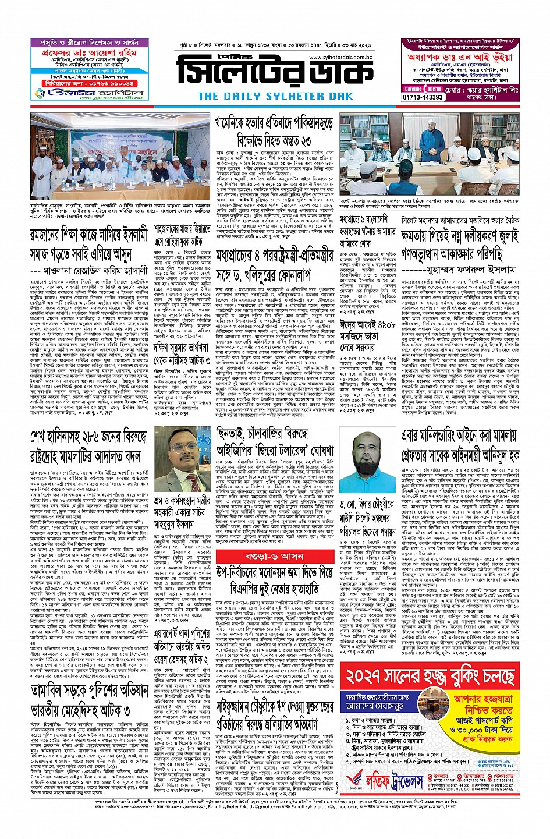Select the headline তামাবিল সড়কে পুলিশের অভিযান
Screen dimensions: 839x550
tap(90, 692)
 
